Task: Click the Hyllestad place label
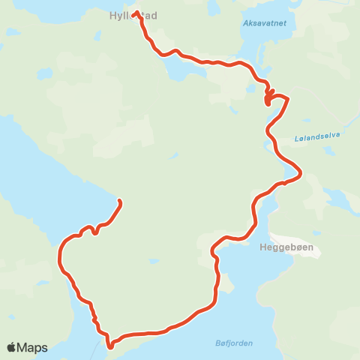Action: (132, 15)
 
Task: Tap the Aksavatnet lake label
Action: (265, 23)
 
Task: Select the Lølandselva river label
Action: (319, 135)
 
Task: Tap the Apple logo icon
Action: (12, 347)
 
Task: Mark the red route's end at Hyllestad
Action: (135, 13)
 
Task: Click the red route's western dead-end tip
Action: (120, 201)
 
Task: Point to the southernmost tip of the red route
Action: (110, 346)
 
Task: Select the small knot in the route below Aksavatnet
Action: (268, 97)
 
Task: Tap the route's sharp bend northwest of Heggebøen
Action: (214, 247)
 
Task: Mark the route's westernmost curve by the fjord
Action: (59, 257)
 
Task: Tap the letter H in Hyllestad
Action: (112, 15)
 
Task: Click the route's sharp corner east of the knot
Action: (288, 98)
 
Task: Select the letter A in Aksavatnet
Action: (246, 23)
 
